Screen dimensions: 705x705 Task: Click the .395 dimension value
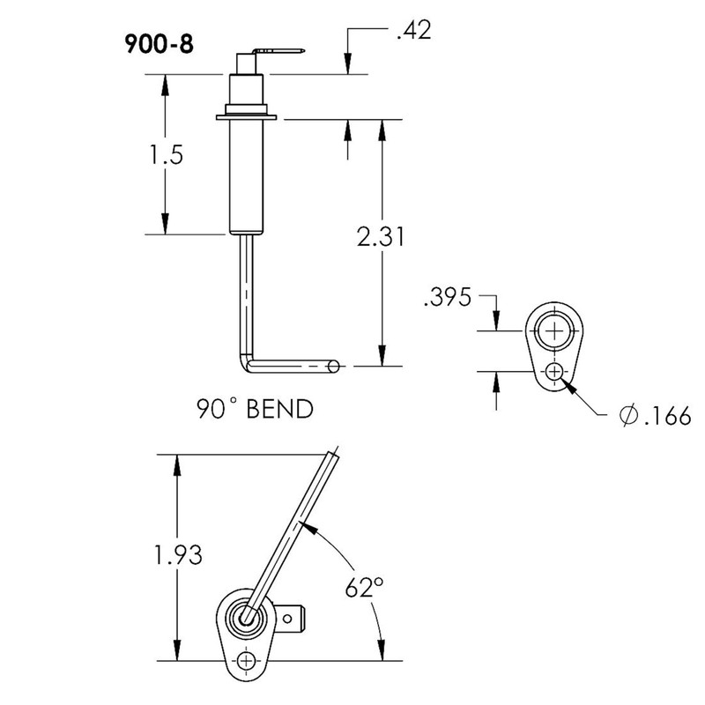pos(448,298)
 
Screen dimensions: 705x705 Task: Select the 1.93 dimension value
pos(176,557)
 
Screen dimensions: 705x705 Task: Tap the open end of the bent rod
pos(335,365)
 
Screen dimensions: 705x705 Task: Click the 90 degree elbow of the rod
pos(246,360)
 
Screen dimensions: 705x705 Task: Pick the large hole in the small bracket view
pos(554,330)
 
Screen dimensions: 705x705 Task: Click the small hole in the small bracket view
pos(554,372)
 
